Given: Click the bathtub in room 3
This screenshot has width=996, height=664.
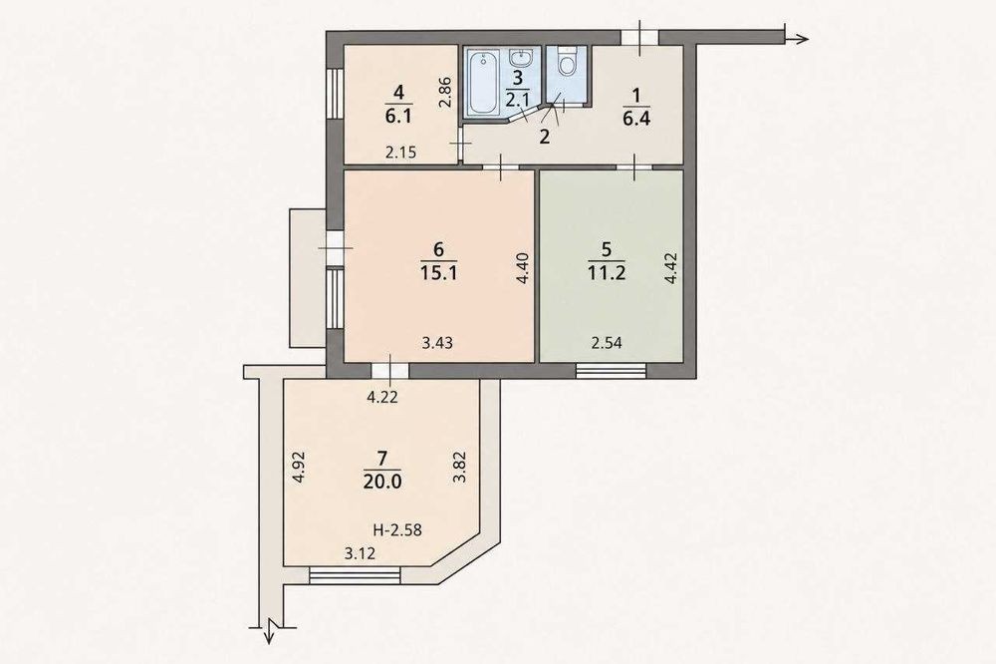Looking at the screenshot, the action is tap(484, 84).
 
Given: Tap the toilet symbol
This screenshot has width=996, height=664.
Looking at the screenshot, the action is tap(566, 61).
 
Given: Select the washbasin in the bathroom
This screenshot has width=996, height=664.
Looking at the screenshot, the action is tap(521, 59).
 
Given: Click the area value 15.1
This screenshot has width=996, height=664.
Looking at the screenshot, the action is tap(439, 273).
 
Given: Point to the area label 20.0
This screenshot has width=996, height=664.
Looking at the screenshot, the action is tap(382, 482).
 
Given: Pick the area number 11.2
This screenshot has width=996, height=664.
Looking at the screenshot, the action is tap(607, 273).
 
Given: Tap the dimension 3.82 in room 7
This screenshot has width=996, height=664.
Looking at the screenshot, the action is tap(459, 467).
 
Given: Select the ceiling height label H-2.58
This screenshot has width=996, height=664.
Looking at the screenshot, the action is tap(397, 529).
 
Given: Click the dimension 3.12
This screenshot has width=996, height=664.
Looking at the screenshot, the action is tap(361, 554).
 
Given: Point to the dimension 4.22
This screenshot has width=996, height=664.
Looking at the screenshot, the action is tap(383, 398).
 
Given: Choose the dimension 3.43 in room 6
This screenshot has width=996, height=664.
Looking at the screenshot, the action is tap(437, 343).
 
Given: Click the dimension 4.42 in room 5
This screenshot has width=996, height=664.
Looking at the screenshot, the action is tap(672, 268).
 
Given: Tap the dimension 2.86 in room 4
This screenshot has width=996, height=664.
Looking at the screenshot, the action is tap(445, 92).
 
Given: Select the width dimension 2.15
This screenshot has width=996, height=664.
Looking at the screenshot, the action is tap(401, 153).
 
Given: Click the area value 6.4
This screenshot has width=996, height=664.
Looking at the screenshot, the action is tap(636, 119).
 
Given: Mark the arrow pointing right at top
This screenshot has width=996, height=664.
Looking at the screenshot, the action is tap(797, 39).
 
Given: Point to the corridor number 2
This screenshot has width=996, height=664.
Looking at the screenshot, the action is tap(544, 137).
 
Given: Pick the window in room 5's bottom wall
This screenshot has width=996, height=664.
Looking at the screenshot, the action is tap(611, 370).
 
